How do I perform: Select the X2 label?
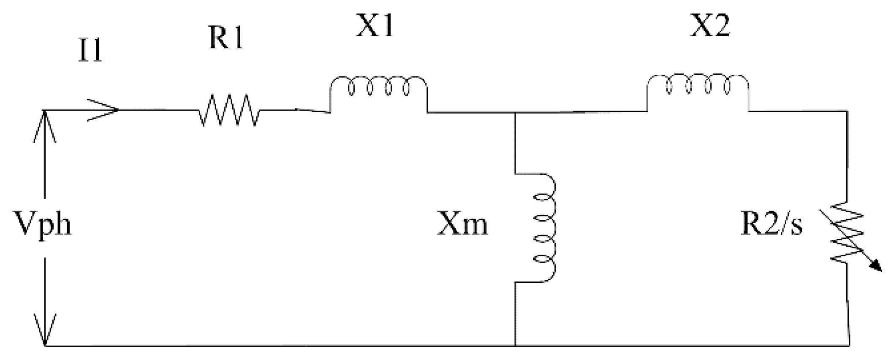pyautogui.click(x=709, y=27)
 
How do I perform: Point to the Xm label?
pyautogui.click(x=462, y=224)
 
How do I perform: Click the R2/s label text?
pyautogui.click(x=771, y=224)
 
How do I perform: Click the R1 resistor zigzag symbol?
pyautogui.click(x=228, y=111)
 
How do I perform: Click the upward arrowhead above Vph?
pyautogui.click(x=44, y=122)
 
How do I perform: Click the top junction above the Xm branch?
pyautogui.click(x=515, y=112)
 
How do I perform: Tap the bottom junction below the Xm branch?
pyautogui.click(x=515, y=346)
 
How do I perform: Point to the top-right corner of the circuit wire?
pyautogui.click(x=847, y=111)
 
